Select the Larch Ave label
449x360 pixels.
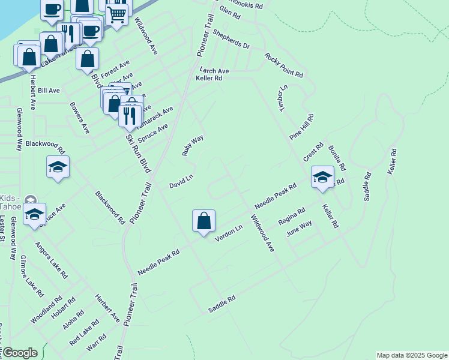(x=214, y=71)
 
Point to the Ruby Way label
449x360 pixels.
(x=193, y=146)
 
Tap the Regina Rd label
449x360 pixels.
(x=292, y=217)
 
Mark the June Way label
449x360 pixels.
(x=300, y=229)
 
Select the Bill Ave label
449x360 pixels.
(x=49, y=91)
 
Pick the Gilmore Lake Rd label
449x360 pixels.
(x=32, y=277)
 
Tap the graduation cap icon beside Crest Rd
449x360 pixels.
(x=322, y=176)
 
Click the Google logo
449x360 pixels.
(x=19, y=353)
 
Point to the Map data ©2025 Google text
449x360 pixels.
(x=412, y=355)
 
